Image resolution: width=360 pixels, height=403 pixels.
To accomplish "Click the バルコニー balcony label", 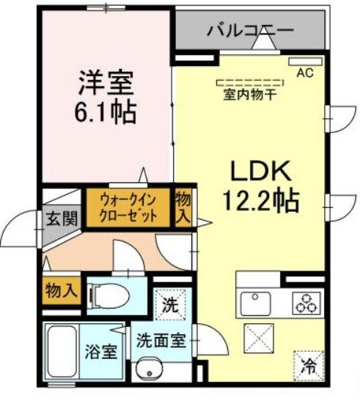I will [x=249, y=31].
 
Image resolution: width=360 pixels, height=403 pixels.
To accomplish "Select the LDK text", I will [x=262, y=173].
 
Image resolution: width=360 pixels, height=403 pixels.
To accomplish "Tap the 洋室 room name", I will [x=106, y=84].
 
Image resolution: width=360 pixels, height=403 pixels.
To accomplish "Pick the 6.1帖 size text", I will [x=106, y=112].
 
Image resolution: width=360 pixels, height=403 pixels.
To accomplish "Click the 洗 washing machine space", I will [x=169, y=303].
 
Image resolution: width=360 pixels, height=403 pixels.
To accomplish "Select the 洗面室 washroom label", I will [x=163, y=341].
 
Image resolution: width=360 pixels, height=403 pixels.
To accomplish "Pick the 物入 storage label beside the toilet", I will [x=60, y=289].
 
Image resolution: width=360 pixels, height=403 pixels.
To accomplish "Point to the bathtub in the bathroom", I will [x=64, y=355].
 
